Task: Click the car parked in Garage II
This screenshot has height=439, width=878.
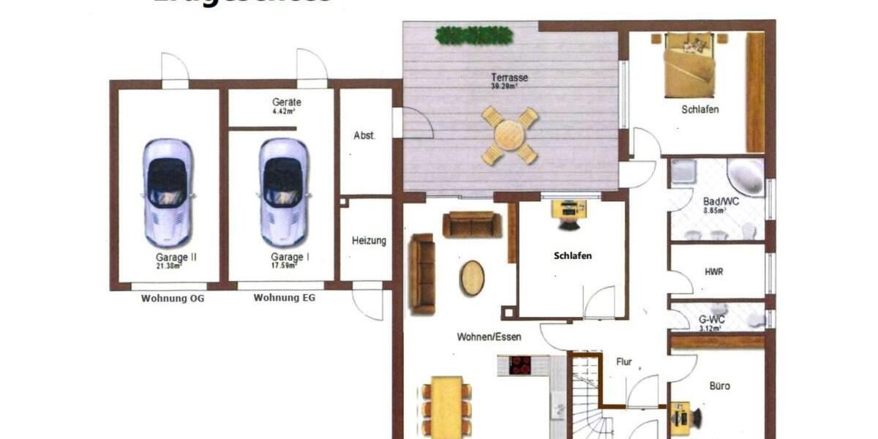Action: [168, 192]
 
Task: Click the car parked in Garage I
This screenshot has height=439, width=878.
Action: [283, 192]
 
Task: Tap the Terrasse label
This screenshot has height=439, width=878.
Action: [510, 78]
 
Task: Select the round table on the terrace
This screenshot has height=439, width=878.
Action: [509, 135]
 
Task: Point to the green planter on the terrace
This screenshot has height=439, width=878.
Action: [473, 34]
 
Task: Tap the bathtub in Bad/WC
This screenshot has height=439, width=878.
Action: [746, 177]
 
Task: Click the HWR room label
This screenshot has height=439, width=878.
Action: [713, 271]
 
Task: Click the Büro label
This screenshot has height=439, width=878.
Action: [719, 386]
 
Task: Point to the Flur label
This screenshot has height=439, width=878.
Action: [623, 361]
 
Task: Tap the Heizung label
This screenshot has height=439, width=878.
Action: [368, 241]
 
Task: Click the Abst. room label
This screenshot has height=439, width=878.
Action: [364, 135]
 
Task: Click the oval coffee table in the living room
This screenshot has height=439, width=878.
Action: [472, 277]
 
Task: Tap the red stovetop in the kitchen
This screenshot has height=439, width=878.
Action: [520, 364]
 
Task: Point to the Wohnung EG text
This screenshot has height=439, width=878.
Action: [285, 299]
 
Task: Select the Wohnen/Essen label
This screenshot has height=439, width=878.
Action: [484, 337]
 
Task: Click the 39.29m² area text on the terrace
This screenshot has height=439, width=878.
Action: [505, 86]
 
